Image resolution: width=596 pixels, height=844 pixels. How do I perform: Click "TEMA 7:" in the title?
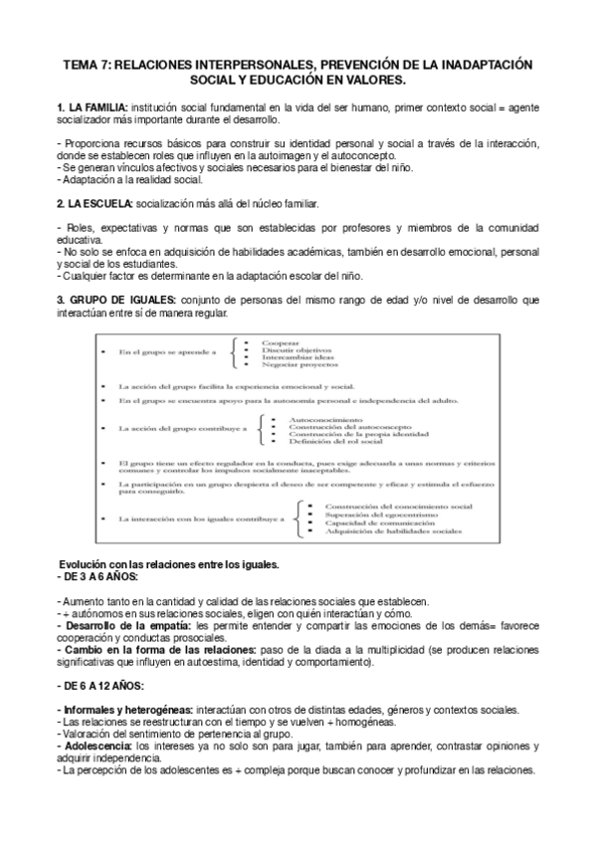pos(86,63)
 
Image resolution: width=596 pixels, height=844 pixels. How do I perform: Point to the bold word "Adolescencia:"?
pos(99,745)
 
